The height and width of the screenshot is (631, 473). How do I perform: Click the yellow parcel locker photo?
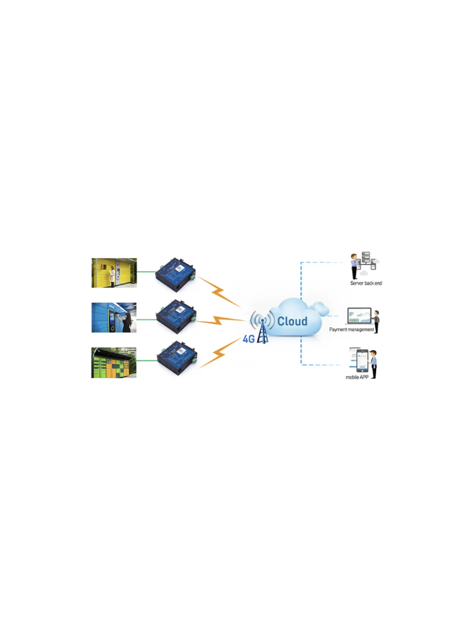pos(114,273)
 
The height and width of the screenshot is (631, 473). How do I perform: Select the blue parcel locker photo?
pos(114,318)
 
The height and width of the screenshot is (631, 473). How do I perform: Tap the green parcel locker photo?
pos(114,363)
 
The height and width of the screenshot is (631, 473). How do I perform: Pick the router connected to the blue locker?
pos(176,317)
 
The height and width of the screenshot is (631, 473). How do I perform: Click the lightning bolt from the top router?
pos(220,291)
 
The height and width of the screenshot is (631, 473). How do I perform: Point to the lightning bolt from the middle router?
pos(220,321)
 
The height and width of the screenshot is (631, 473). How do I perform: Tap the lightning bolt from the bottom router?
pos(220,353)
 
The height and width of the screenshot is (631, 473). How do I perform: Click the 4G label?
pos(248,339)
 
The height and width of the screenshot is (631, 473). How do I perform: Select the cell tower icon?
pos(263,327)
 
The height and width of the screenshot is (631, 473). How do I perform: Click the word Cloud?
pos(292,321)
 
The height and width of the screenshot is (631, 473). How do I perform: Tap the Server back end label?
pos(366,283)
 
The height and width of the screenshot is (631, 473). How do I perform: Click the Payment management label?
pos(352,330)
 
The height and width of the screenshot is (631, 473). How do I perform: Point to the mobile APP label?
pos(357,378)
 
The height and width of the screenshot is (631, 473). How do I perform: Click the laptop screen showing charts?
pos(359,315)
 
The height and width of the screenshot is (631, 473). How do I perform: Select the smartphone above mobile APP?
pos(362,361)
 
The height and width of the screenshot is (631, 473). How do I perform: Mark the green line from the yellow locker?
pos(146,271)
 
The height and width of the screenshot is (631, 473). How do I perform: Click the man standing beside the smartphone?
pos(374,364)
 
